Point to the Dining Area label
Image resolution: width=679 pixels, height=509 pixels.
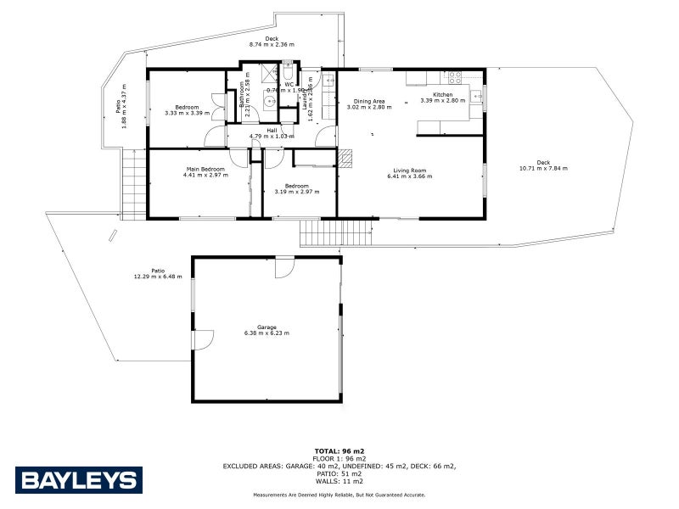tap(369, 101)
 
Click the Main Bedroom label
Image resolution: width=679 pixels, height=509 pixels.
tap(205, 170)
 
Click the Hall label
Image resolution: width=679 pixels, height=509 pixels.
tap(272, 131)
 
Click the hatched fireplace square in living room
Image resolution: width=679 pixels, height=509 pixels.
tap(344, 158)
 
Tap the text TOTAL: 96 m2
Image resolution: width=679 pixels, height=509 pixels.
tap(339, 450)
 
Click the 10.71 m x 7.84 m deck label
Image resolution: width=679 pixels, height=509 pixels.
tap(543, 165)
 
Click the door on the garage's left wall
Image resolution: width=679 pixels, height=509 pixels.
tap(201, 340)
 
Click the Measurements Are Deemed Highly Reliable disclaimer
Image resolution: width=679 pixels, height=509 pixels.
tap(339, 495)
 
